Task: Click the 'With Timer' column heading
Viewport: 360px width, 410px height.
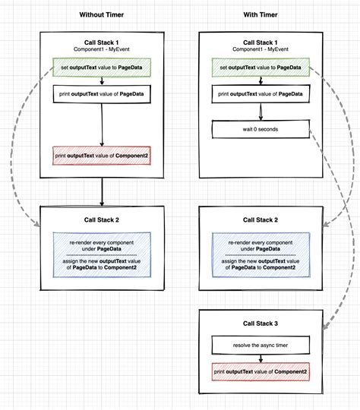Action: (x=261, y=14)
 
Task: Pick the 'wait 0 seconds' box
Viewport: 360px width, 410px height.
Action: (x=261, y=129)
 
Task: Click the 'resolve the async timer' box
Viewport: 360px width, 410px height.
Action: (x=261, y=346)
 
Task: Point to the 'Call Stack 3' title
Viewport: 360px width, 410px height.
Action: (x=261, y=323)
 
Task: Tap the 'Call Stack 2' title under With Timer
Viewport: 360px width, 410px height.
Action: (x=261, y=221)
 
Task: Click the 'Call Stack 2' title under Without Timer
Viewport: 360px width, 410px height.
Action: (x=101, y=221)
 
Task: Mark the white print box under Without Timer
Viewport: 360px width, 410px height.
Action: (x=101, y=95)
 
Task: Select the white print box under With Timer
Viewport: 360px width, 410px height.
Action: (x=261, y=95)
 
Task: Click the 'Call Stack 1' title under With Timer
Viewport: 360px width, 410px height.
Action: (x=261, y=42)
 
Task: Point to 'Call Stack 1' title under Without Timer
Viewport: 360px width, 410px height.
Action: (x=101, y=42)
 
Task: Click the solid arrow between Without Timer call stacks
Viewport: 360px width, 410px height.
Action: (x=101, y=193)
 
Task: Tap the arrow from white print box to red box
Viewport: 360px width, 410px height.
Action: (x=101, y=125)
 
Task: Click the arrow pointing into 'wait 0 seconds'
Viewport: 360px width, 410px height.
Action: (x=261, y=112)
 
